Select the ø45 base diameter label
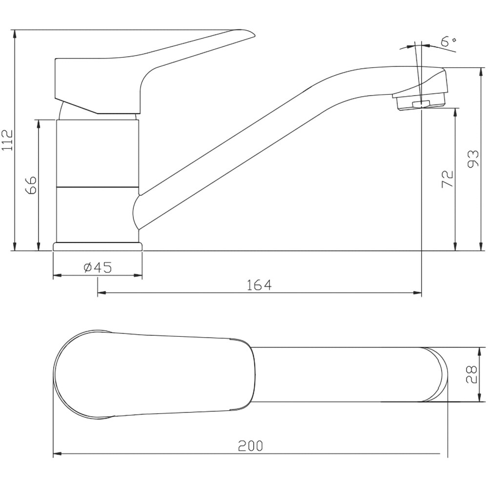pyautogui.click(x=98, y=267)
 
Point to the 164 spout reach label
pyautogui.click(x=259, y=285)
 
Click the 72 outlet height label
pyautogui.click(x=447, y=179)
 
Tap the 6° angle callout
pyautogui.click(x=448, y=41)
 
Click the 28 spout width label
pyautogui.click(x=471, y=374)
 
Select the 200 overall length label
pyautogui.click(x=250, y=446)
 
